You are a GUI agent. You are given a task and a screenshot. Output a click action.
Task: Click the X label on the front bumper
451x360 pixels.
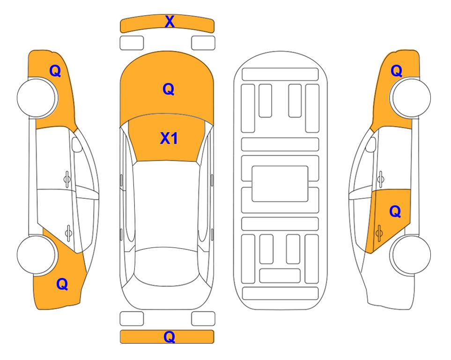pos(170,22)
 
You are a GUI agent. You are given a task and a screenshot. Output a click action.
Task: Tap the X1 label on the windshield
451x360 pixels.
pos(169,138)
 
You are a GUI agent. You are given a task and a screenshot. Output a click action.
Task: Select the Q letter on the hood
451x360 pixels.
pos(169,89)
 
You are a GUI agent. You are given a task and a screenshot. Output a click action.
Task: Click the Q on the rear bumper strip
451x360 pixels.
pos(170,337)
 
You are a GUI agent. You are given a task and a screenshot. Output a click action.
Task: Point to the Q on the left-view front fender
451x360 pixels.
pos(55,71)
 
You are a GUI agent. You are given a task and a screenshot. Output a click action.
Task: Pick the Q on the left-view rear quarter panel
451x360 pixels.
pos(62,284)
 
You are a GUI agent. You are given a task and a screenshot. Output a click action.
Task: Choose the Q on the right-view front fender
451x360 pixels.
pos(396,71)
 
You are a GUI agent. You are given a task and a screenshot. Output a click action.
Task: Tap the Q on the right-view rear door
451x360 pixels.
pos(395,212)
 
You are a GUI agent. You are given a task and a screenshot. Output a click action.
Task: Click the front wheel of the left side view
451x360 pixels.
pos(37,98)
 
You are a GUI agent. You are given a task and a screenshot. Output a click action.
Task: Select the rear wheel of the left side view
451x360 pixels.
pos(37,255)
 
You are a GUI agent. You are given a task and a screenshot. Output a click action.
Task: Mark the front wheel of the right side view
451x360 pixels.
pos(411,98)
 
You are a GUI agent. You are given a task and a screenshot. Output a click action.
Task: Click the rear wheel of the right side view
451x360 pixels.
pos(411,255)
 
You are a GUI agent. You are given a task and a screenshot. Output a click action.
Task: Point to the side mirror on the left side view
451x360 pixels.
pos(76,144)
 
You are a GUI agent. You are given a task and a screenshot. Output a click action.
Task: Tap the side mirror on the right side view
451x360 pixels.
pos(371,144)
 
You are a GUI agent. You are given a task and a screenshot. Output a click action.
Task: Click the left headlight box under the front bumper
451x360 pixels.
pos(132,43)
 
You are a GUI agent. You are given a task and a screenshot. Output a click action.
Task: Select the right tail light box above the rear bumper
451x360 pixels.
pos(203,319)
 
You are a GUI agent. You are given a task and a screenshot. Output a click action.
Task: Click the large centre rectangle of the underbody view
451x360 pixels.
pos(280,184)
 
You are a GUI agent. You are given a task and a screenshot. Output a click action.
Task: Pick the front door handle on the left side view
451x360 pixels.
pos(67,179)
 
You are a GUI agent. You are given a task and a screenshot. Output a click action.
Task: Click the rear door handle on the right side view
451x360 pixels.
pos(379,233)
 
